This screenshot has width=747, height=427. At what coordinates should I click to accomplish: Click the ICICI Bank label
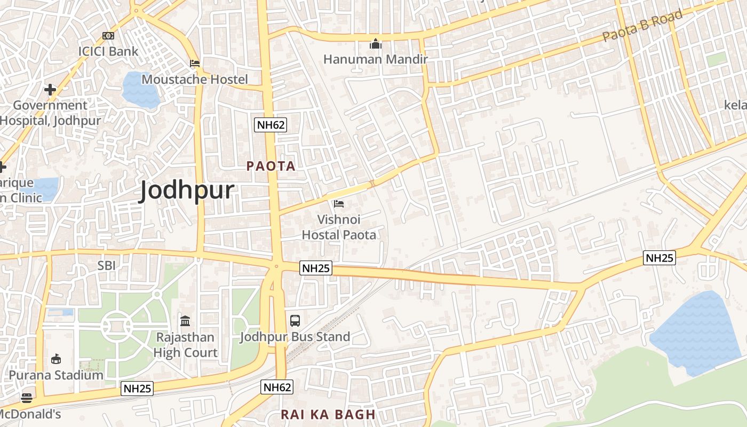point(108,51)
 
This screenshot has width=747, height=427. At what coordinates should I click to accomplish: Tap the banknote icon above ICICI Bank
point(108,36)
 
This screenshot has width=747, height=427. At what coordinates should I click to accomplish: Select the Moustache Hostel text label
point(195,80)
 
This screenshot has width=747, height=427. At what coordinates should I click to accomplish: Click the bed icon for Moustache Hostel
point(195,64)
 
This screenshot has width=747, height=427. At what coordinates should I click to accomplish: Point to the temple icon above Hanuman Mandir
point(376,44)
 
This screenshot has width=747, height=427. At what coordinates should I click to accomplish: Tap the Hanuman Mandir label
point(376,59)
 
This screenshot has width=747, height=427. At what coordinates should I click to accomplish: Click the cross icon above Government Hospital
point(50,90)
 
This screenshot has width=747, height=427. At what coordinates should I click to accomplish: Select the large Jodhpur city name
point(187,191)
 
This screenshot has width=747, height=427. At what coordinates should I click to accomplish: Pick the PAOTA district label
point(271,166)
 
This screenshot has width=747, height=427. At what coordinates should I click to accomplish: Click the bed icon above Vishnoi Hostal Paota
point(339,203)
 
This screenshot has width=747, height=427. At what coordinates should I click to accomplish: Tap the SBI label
point(107,265)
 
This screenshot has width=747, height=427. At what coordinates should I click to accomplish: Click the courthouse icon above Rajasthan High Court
point(185,321)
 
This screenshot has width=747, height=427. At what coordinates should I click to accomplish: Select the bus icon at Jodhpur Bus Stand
point(295,321)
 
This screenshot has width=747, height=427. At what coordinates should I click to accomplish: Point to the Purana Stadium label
point(56,375)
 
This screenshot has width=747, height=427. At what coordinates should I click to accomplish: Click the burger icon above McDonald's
point(26,398)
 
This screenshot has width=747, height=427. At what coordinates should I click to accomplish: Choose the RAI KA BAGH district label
point(328,415)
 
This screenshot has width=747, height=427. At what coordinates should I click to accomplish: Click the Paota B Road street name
point(643,26)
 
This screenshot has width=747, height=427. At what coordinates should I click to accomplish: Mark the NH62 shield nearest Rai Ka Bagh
point(277,387)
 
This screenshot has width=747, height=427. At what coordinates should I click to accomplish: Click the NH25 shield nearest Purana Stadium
point(138,389)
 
